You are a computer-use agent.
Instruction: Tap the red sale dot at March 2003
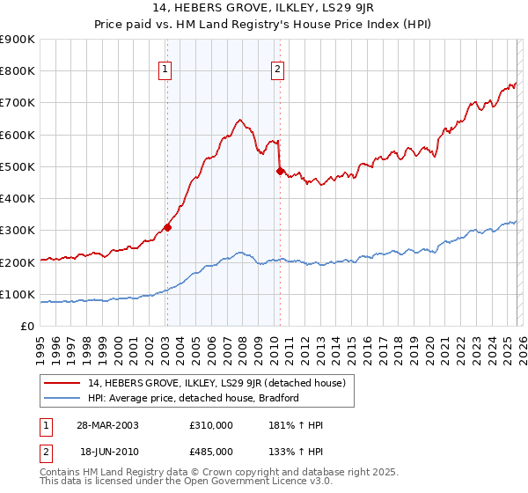click(x=167, y=227)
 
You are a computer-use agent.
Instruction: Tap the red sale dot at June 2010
click(x=280, y=171)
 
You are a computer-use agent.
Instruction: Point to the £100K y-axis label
click(x=18, y=294)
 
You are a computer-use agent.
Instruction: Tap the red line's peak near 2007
click(x=238, y=120)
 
